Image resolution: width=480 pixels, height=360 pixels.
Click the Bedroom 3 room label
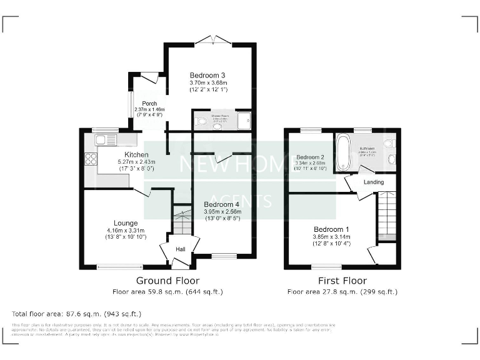click(x=207, y=76)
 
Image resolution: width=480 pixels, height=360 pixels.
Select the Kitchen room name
click(x=136, y=154)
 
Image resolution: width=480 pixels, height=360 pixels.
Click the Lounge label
click(x=126, y=223)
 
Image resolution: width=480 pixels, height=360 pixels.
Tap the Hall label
click(x=180, y=249)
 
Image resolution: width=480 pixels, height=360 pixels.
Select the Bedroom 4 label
click(x=221, y=204)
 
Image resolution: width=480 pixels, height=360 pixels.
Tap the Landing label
click(x=374, y=182)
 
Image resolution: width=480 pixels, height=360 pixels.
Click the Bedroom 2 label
click(x=310, y=157)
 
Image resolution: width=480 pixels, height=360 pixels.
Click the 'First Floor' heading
click(x=342, y=281)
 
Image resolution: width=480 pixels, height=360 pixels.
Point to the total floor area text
click(x=77, y=313)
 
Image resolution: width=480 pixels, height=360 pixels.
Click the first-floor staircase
click(x=387, y=216)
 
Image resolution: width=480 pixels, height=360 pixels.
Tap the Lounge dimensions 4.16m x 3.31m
click(x=126, y=231)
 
